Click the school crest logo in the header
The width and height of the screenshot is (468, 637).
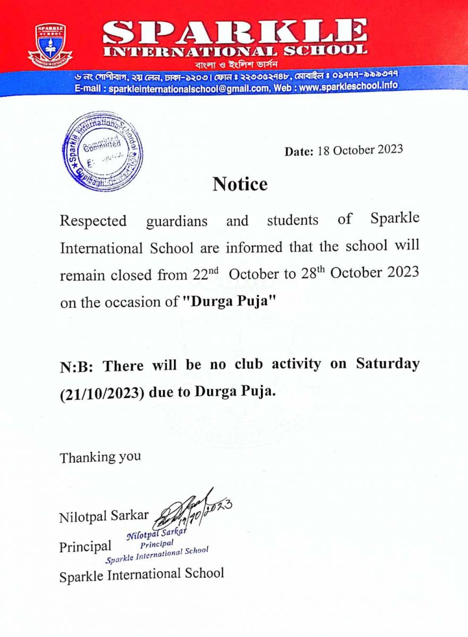50,45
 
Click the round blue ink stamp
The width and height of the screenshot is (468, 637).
103,151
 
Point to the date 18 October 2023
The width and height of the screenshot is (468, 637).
360,150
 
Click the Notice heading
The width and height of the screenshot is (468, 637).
240,184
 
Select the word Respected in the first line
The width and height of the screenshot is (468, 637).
93,221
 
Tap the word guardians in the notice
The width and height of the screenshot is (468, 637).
176,221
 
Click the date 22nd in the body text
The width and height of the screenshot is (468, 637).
203,275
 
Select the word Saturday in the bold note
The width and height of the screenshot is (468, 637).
388,364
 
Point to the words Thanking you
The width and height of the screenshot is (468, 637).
100,457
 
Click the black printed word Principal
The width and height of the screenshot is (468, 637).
85,546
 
